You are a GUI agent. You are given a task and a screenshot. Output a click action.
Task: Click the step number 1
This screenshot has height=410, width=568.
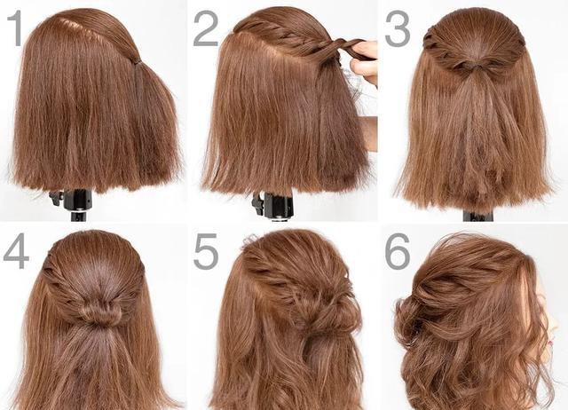pos(16,28)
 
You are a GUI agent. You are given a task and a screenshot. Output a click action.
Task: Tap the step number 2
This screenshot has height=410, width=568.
pos(205,28)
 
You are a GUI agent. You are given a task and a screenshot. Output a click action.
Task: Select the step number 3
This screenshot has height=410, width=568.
pos(398,28)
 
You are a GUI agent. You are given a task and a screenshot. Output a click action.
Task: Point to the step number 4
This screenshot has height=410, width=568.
pos(16,250)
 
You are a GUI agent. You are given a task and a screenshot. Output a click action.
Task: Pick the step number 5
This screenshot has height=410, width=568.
pos(206,251)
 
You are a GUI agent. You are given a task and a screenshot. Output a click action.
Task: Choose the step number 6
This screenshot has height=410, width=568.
pos(398,251)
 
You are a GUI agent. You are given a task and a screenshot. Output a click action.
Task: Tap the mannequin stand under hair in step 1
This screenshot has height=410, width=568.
pos(73,204)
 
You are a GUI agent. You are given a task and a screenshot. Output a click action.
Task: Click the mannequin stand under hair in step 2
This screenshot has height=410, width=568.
pos(274,206)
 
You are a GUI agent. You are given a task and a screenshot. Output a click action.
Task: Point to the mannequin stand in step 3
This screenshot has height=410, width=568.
pos(478,216)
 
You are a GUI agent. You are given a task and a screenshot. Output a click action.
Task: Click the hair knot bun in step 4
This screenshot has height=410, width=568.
pos(98,312)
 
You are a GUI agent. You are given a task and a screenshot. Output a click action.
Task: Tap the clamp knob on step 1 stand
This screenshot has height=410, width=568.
pos(55,198)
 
